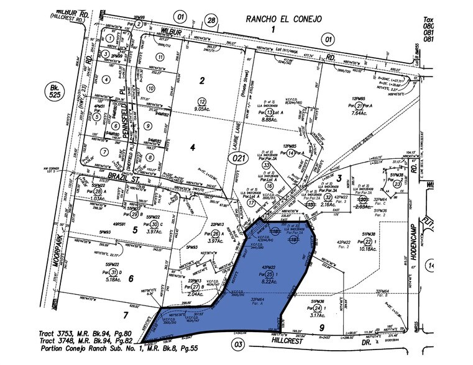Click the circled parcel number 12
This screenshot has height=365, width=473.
201,101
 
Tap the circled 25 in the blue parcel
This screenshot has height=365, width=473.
269,274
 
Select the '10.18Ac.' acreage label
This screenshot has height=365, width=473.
369,249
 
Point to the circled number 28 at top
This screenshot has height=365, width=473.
211,21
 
